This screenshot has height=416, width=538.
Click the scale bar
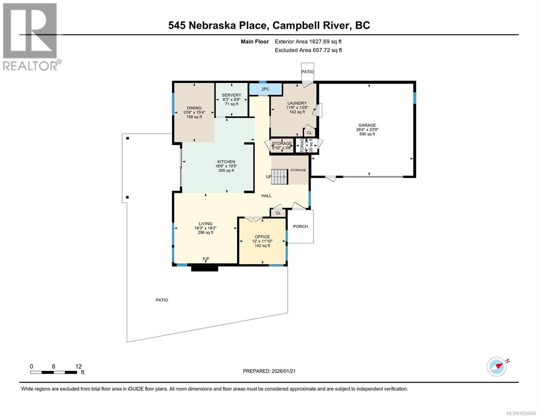[54, 372]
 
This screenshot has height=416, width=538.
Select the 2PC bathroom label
[265, 89]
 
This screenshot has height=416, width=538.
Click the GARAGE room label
[367, 125]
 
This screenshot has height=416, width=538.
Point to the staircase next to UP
[280, 176]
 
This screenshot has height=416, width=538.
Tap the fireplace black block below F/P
[204, 268]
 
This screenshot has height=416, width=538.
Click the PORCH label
[300, 226]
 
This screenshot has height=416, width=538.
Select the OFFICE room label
[262, 237]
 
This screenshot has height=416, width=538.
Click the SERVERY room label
[231, 95]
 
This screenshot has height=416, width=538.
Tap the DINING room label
[194, 108]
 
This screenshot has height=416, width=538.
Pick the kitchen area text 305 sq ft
[226, 171]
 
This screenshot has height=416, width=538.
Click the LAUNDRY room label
[297, 103]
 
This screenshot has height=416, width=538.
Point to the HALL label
[266, 196]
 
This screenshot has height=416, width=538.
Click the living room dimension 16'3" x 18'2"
[205, 228]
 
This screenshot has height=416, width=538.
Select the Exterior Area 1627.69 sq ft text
[308, 42]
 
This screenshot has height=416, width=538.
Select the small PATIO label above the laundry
[307, 72]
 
